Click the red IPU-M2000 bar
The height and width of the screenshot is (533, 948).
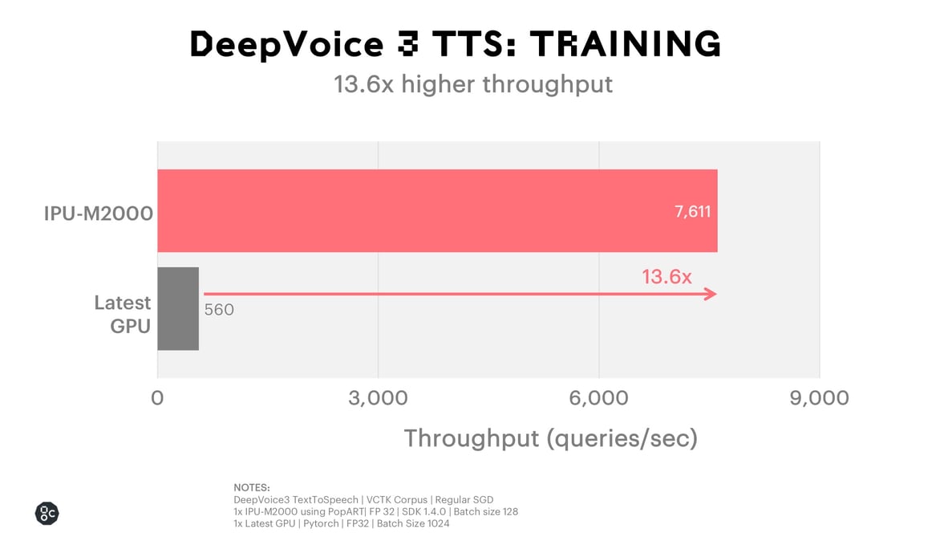[437, 210]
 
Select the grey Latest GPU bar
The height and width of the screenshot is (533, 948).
[178, 308]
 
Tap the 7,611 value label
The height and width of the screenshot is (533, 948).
[692, 212]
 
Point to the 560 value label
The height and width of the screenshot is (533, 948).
[219, 310]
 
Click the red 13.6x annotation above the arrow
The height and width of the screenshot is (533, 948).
[666, 277]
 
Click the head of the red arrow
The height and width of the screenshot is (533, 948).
[710, 295]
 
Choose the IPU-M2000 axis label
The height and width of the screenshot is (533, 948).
[98, 214]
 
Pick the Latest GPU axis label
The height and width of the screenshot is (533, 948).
[123, 314]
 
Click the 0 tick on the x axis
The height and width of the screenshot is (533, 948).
[157, 398]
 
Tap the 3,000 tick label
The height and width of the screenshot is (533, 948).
[378, 398]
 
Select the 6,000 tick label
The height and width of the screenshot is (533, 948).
[598, 398]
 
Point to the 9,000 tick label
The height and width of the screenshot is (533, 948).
[819, 398]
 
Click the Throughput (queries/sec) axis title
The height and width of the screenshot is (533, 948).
[550, 438]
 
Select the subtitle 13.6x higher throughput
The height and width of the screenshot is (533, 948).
[473, 84]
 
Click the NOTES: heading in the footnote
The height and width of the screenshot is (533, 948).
[252, 487]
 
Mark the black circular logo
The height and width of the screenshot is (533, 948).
[47, 514]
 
